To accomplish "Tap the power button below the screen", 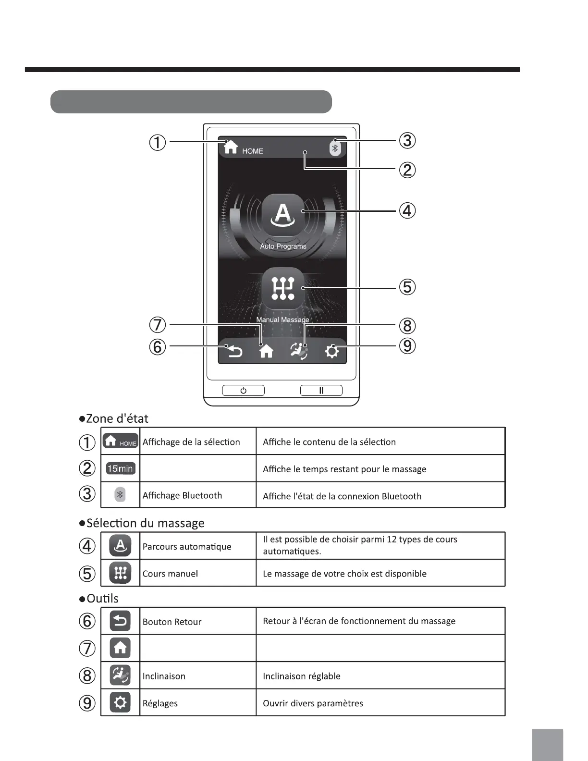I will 243,391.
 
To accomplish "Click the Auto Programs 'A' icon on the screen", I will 283,215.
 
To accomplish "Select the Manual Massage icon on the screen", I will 283,289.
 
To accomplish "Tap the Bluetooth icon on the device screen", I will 335,148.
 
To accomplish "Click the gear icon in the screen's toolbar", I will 331,352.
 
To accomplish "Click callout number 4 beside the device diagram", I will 407,211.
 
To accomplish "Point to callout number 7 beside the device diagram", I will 158,325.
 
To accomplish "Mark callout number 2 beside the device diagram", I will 407,170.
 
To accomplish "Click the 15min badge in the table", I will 121,468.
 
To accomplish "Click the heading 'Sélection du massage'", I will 145,523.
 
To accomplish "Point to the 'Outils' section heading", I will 102,599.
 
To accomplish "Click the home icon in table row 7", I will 120,648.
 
